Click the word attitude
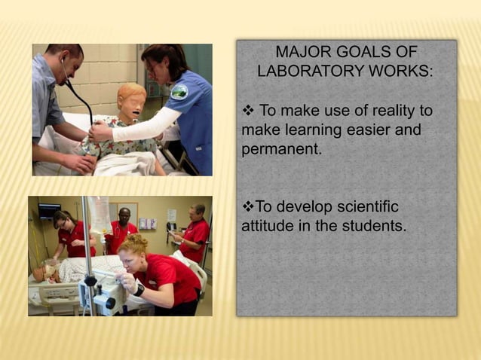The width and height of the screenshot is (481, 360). coord(267,225)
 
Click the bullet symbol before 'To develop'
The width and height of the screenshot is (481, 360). coord(248,206)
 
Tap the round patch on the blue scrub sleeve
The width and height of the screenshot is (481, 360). coord(179,92)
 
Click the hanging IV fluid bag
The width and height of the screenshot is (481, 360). coord(98,214)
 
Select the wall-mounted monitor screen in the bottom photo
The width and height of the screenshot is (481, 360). coord(50,211)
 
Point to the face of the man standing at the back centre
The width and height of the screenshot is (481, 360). coord(124,214)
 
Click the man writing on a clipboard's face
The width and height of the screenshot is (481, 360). coord(198,210)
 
